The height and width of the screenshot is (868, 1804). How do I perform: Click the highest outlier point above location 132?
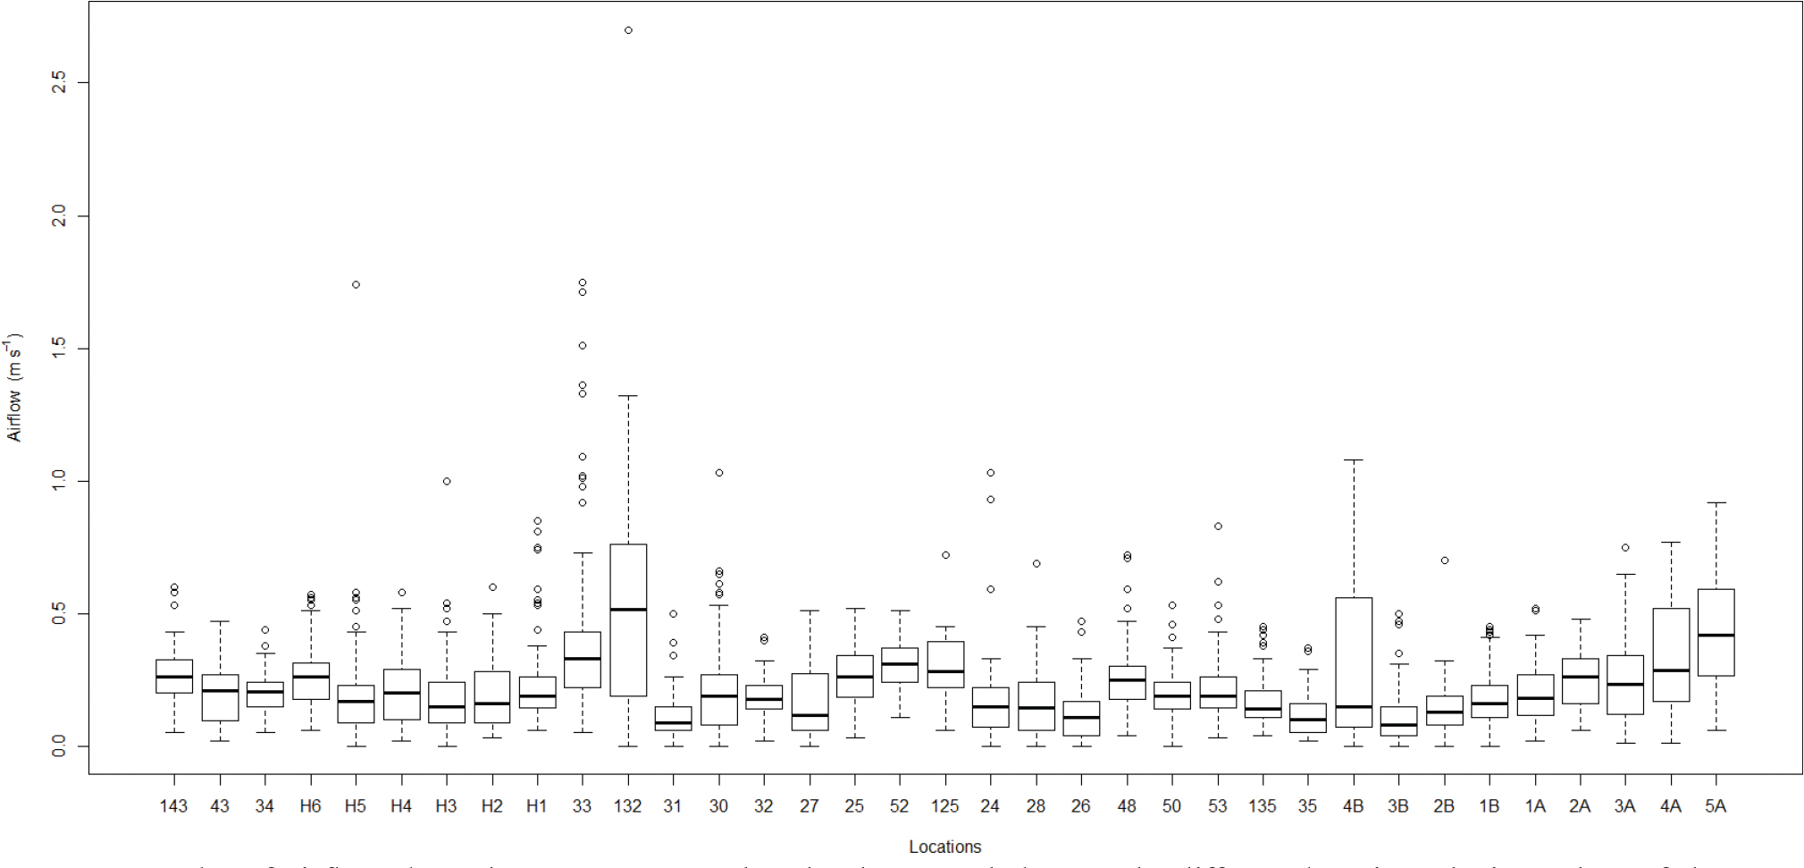tap(628, 30)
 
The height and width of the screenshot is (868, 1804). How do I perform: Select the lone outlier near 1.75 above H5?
tap(356, 285)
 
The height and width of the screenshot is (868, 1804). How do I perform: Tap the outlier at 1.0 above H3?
tap(447, 481)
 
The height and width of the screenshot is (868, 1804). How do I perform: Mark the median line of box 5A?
tap(1716, 635)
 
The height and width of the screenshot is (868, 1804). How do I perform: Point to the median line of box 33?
tap(583, 659)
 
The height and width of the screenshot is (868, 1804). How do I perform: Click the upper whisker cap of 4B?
tap(1354, 459)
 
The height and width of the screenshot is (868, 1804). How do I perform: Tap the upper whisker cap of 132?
tap(628, 395)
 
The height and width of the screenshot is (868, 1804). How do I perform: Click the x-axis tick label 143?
tap(173, 806)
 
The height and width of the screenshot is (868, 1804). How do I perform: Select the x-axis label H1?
tap(536, 806)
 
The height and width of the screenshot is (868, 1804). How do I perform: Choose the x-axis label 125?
tap(944, 806)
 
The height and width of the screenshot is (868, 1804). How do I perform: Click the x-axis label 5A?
tap(1716, 806)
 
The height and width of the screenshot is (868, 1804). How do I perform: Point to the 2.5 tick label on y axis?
tap(59, 83)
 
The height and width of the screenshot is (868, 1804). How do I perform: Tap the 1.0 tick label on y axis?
tap(59, 481)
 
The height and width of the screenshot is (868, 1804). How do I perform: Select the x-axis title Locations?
tap(944, 847)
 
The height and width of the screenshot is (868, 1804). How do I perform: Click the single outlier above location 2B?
tap(1444, 560)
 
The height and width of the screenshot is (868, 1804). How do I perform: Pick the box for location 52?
tap(900, 665)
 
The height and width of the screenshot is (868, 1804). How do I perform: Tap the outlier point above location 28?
tap(1036, 564)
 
